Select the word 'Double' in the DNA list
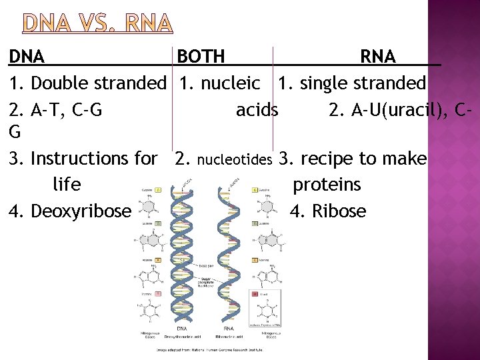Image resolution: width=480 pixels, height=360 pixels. [x=61, y=83]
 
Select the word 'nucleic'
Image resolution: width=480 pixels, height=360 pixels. [x=231, y=83]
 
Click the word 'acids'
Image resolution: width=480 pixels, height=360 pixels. [x=257, y=109]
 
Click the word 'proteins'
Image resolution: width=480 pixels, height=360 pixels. [x=327, y=185]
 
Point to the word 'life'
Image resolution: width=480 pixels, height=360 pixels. [x=67, y=185]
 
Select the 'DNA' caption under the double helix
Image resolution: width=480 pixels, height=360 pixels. [x=181, y=329]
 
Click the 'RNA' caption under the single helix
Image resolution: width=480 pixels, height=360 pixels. [x=229, y=329]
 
